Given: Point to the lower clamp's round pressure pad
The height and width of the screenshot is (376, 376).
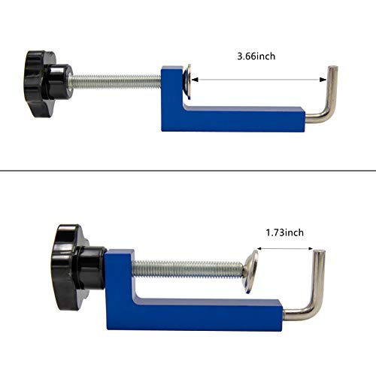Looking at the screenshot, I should point(251,268).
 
